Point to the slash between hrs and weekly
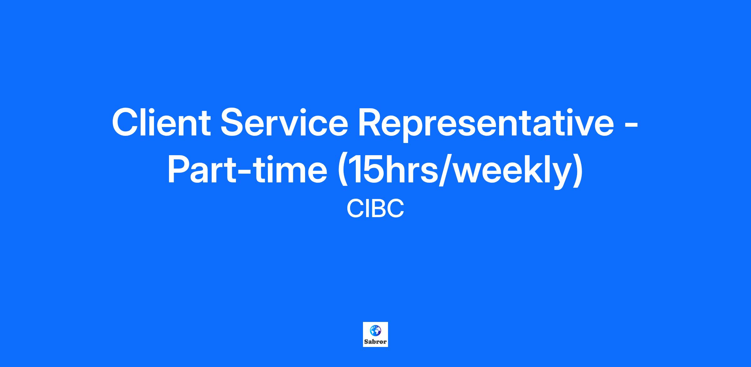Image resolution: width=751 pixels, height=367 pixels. click(446, 171)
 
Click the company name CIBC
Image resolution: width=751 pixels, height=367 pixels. click(375, 209)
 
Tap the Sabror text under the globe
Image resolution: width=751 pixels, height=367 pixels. click(375, 342)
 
